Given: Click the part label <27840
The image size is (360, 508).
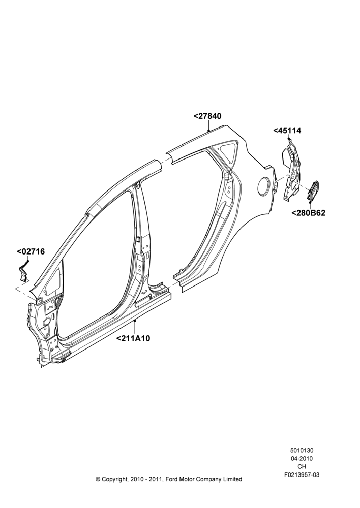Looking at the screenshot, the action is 207,116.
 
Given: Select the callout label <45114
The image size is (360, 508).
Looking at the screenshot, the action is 287,131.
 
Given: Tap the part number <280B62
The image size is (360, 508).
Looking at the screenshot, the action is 308,213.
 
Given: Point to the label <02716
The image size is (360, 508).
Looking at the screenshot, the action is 31,251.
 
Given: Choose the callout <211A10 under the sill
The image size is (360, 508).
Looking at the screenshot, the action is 133,338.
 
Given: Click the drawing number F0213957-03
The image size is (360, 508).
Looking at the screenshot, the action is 302,475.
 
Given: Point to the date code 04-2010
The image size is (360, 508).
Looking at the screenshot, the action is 302,458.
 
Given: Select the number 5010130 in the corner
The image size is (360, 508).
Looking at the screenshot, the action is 302,450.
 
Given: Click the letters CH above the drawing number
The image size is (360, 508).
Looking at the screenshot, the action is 302,467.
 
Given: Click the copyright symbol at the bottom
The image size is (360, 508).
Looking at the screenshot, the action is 98,479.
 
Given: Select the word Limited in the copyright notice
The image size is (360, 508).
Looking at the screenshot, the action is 231,479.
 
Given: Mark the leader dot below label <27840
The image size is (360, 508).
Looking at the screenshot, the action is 209,130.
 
